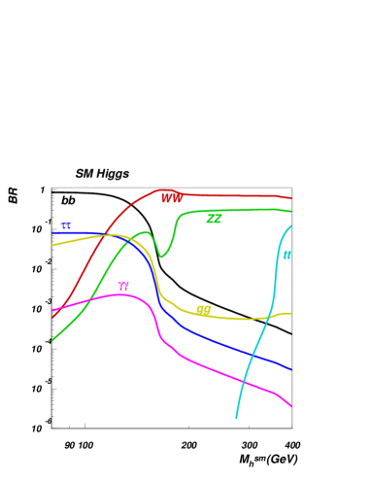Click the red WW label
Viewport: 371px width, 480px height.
[x=172, y=199]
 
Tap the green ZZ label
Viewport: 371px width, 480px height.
[x=214, y=220]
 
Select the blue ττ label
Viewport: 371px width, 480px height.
[x=66, y=226]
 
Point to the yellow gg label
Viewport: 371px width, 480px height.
[x=203, y=310]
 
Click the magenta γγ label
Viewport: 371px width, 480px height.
[x=123, y=287]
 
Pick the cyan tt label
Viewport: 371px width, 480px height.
[x=287, y=256]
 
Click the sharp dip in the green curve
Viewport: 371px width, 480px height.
[x=162, y=257]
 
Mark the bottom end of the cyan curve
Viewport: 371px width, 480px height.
[x=236, y=418]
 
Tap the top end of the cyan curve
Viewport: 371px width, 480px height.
[x=291, y=226]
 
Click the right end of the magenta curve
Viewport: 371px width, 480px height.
[x=291, y=406]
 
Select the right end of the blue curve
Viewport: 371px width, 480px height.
[x=291, y=369]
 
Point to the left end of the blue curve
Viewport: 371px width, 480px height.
[x=52, y=233]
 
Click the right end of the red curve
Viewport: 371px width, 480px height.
[x=291, y=198]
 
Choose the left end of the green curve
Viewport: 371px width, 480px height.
[x=52, y=340]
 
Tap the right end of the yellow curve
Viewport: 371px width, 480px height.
[x=291, y=313]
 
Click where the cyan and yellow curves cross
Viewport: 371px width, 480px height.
[x=269, y=318]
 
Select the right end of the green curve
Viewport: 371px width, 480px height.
[x=291, y=210]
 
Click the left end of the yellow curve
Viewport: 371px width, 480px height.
[x=52, y=245]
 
